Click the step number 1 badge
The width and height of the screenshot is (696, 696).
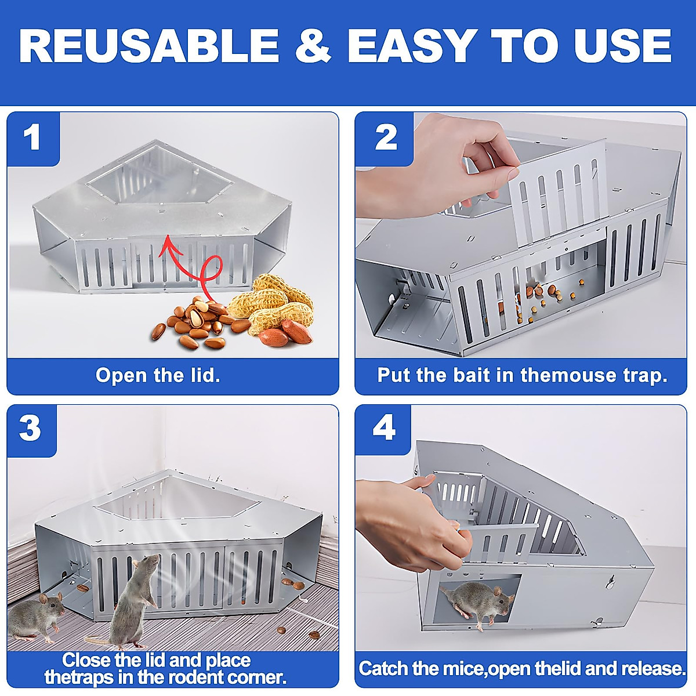[x=32, y=138]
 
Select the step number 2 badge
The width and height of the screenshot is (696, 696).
[x=386, y=138]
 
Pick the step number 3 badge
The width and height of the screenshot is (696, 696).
[x=31, y=429]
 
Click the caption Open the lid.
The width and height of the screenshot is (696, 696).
[x=158, y=375]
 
